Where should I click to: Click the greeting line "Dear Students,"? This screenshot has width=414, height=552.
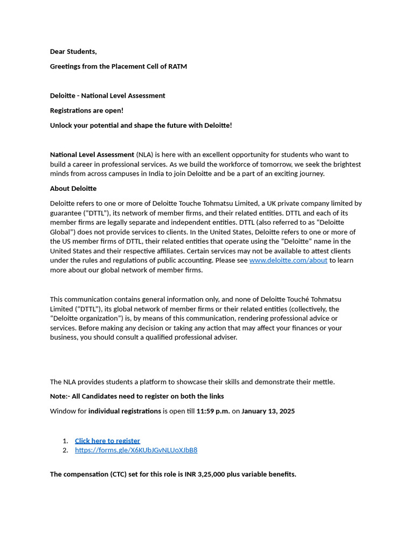click(73, 52)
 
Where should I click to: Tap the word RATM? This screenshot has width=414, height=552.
click(177, 66)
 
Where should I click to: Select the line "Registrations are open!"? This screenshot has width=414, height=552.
click(87, 111)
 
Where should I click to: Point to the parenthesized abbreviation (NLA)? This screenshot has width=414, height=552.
click(144, 155)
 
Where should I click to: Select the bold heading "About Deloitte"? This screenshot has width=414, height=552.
click(73, 189)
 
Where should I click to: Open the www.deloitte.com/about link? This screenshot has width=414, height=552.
click(288, 260)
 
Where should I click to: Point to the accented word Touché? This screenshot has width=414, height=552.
click(299, 299)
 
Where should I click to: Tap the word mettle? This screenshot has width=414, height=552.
click(322, 382)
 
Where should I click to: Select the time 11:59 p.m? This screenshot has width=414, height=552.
click(213, 411)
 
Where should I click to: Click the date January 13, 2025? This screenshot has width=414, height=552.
click(268, 411)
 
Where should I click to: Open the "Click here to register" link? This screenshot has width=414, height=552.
click(107, 441)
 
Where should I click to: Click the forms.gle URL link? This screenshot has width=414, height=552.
click(136, 450)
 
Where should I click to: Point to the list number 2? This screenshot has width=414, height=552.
click(65, 450)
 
